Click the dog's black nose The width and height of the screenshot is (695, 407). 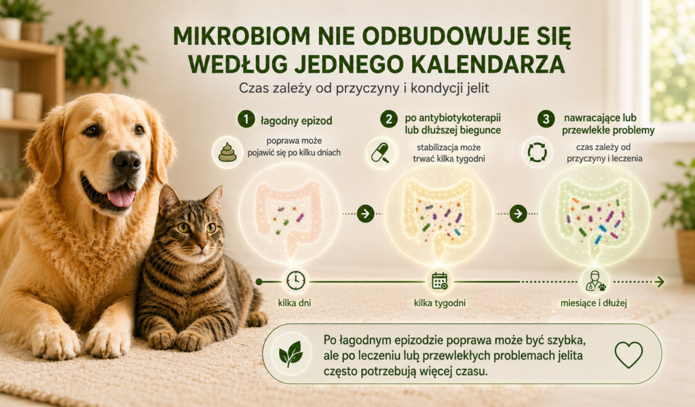coord(127,161)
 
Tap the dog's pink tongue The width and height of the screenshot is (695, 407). coord(121,197)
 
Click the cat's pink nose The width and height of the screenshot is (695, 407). coord(202,244)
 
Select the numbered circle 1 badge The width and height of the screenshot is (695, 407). coord(246,119)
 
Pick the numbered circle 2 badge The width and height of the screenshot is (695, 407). coord(389,119)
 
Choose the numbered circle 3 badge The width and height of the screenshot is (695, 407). coord(546,119)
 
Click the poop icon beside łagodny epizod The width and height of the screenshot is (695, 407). coord(227,153)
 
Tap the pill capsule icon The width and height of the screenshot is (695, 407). coord(380,153)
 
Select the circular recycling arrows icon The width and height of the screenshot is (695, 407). coord(538,153)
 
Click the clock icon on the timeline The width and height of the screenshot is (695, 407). coord(296,281)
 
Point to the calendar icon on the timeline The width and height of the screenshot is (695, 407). coord(440,281)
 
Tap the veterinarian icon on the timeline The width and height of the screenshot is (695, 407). coord(594,281)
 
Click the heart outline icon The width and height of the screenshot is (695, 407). coord(628,354)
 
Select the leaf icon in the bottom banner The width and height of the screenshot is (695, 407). coord(290,354)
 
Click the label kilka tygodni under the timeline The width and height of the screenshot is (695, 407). coord(440,303)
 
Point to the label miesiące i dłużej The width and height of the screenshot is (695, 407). coord(594,303)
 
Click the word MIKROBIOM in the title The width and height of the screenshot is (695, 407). coord(242,36)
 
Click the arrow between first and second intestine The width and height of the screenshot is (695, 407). coord(365,214)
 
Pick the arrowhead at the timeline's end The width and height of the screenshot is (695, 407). coord(660,282)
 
